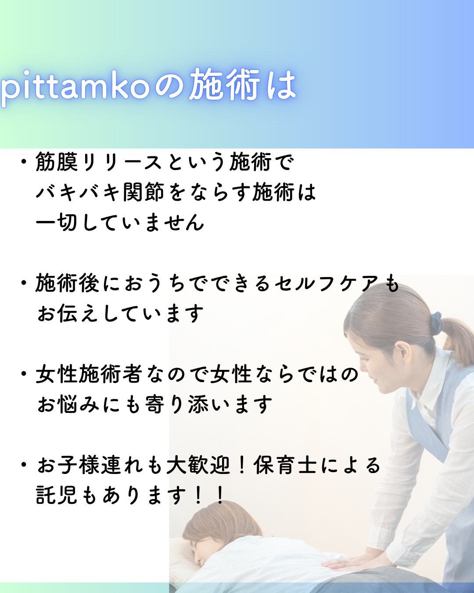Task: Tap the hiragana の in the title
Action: coord(169,85)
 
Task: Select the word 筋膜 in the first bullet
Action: coord(57,162)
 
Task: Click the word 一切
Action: coord(57,222)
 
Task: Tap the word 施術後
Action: coord(67,283)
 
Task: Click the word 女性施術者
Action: coord(89,374)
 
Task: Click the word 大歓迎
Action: coord(198,465)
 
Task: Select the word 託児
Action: coord(57,495)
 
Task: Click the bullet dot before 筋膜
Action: coord(24,162)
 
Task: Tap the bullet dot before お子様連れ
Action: coord(24,465)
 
